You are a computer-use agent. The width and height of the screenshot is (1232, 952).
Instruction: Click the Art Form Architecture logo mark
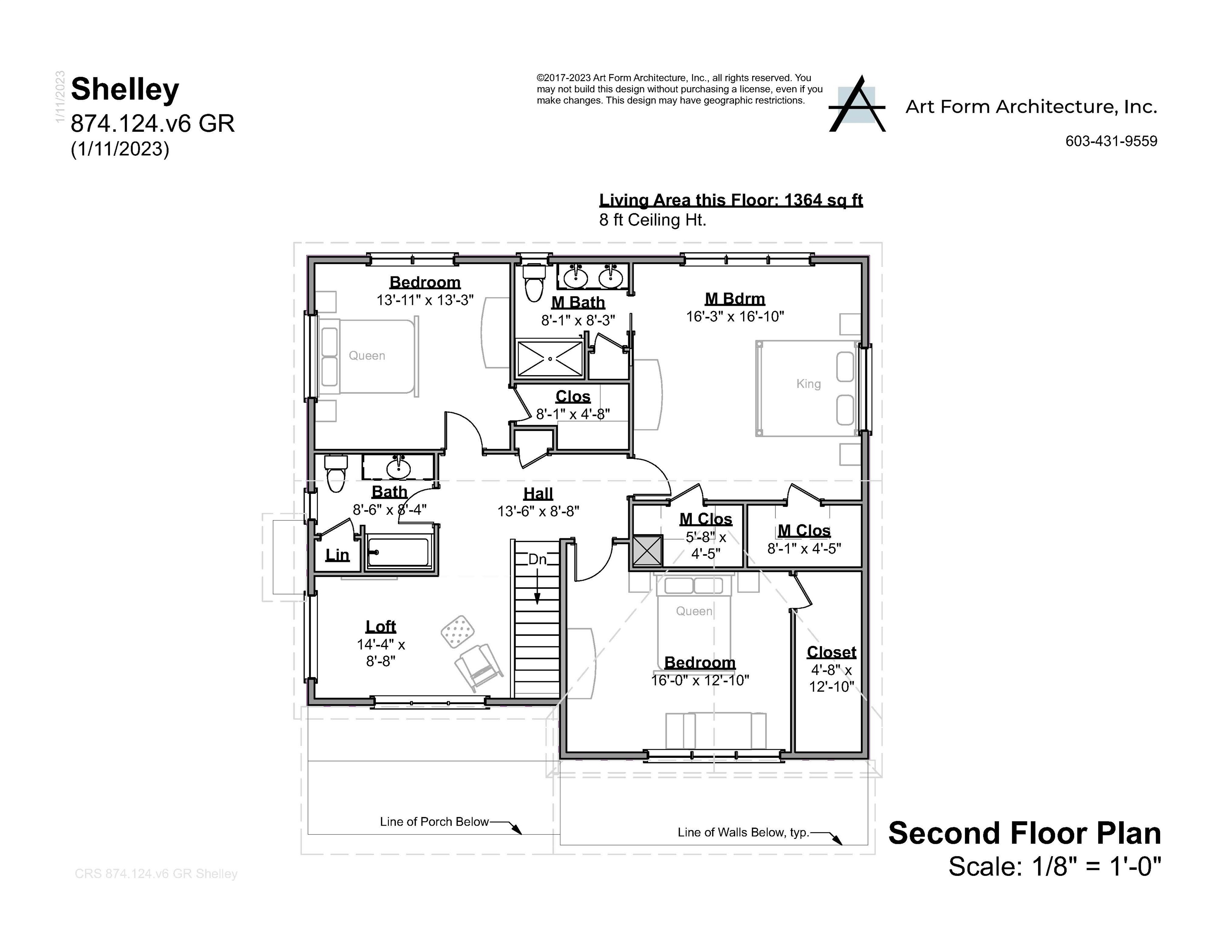coord(856,105)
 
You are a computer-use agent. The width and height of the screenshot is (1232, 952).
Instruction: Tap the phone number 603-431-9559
coord(1111,141)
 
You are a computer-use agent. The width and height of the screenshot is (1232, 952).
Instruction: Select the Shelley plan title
coord(125,89)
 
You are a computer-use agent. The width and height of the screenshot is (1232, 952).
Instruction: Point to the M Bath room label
coord(578,302)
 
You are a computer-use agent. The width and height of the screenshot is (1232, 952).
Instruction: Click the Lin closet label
coord(337,555)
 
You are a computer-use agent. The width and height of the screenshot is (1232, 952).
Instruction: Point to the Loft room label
coord(381,626)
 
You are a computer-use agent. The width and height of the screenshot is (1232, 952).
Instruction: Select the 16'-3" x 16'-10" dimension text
coord(734,317)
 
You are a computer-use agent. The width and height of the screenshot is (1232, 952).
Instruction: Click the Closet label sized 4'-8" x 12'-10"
coord(831,652)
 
